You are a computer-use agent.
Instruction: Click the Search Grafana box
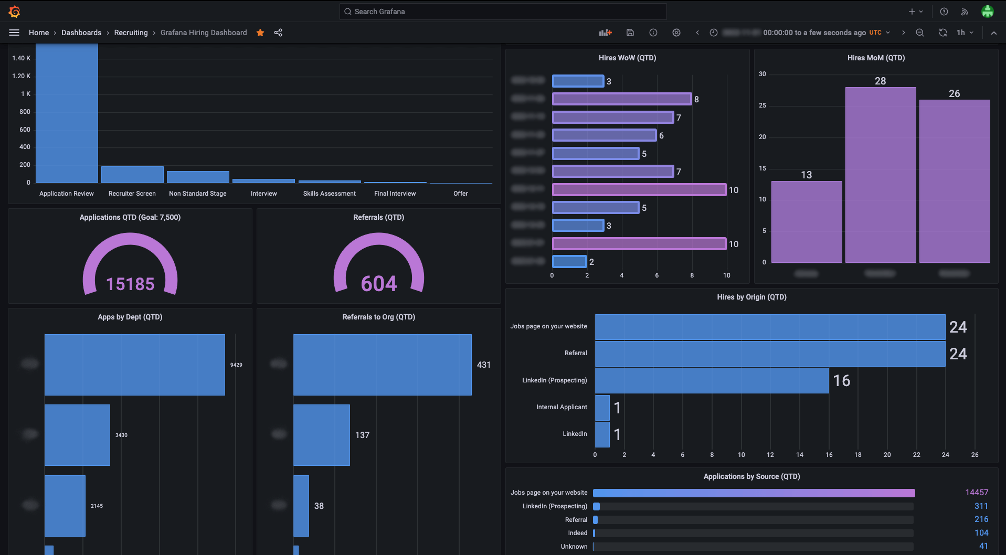tap(503, 12)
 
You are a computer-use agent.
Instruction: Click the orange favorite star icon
tap(260, 33)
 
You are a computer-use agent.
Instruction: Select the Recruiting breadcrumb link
tap(131, 33)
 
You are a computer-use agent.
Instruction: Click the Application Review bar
tap(67, 113)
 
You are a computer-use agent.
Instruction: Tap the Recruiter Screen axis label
tap(132, 194)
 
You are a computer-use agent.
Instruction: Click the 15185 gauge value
tap(130, 284)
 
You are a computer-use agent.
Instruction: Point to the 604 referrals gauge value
tap(379, 284)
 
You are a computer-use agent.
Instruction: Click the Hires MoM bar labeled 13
tap(807, 221)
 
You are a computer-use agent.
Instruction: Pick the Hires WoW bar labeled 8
tap(621, 99)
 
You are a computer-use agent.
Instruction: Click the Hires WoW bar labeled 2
tap(569, 261)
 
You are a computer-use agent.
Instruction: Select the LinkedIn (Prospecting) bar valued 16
tap(712, 380)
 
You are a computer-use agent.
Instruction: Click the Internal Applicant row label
tap(562, 407)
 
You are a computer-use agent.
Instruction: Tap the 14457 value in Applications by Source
tap(976, 493)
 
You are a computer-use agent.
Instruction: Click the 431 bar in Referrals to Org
tap(382, 365)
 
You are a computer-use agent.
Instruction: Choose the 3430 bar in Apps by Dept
tap(77, 435)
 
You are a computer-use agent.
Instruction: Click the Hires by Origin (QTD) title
tap(751, 297)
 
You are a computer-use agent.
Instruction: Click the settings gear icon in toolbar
tap(676, 33)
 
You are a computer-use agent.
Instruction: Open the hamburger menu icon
tap(14, 33)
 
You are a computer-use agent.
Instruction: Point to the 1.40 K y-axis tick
tap(21, 58)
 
